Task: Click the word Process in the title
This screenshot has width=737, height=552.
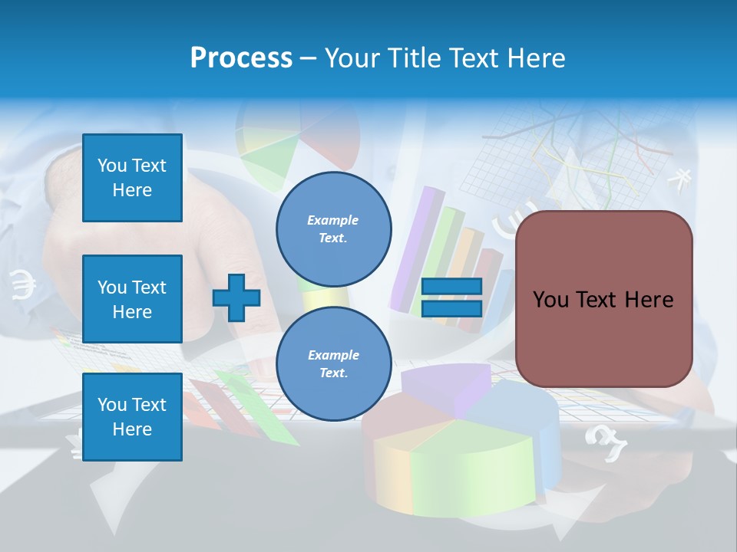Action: (241, 58)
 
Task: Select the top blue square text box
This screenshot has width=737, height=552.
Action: (132, 178)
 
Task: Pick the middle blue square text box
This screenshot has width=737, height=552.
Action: (132, 299)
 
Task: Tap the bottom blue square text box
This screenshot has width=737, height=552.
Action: (132, 417)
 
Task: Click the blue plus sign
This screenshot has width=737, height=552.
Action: (236, 297)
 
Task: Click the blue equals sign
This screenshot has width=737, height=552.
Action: (452, 297)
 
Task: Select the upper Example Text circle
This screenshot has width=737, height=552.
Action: (334, 229)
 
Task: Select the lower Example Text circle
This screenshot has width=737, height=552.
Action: (334, 364)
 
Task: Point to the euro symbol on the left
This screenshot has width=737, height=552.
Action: (23, 285)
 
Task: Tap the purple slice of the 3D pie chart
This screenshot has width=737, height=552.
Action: (445, 387)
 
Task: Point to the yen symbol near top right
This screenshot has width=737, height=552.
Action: (679, 179)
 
